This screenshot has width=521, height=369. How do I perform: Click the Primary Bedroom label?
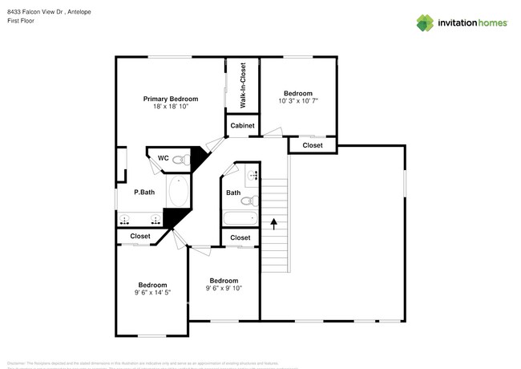tap(171, 99)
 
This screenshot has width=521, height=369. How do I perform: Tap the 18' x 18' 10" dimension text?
tap(171, 107)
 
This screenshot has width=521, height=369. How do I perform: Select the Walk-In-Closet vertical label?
tap(243, 85)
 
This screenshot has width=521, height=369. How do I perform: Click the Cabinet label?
tap(243, 126)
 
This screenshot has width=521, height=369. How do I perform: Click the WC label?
tap(163, 158)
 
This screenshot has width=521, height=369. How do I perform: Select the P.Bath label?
tap(143, 192)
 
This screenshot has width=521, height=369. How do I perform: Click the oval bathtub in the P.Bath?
tap(178, 193)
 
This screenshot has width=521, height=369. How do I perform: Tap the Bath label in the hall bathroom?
tap(233, 193)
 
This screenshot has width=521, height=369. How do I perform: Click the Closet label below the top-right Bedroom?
tap(313, 145)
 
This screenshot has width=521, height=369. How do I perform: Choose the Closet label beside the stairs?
tap(240, 237)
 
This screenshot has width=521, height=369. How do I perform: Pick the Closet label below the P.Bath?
tap(140, 236)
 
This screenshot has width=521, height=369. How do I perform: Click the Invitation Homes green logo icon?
tap(426, 22)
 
